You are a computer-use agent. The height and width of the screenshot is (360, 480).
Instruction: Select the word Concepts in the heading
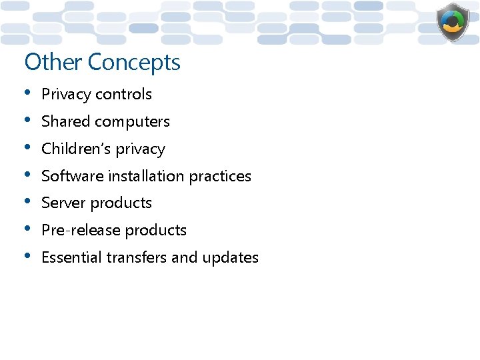coord(134,63)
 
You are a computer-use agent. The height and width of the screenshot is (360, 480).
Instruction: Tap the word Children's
coord(73,149)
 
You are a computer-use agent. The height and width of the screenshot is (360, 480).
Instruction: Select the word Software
coord(69,176)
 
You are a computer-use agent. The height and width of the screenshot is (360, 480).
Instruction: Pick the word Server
coord(63,203)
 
